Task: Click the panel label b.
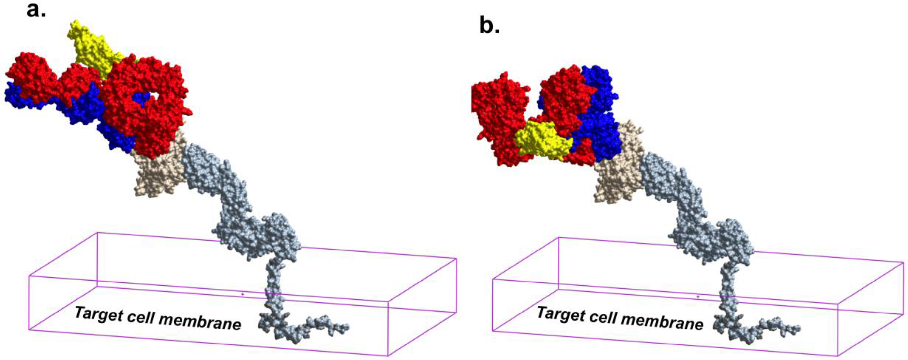tap(489, 26)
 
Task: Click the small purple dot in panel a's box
tap(242, 294)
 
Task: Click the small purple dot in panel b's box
tap(698, 297)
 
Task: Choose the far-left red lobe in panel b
tap(497, 116)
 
